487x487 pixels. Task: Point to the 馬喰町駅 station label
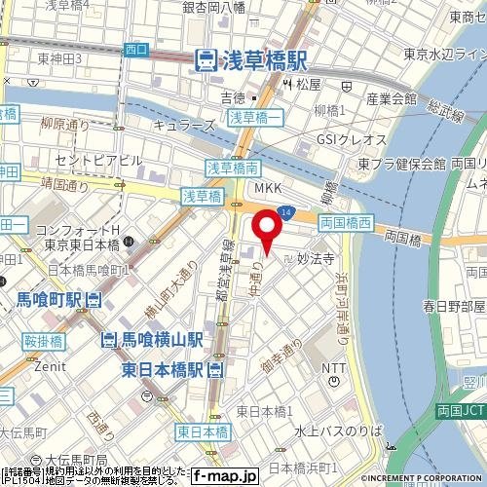coord(51,300)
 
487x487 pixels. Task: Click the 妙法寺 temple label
coord(316,259)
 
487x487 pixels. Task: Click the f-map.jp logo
coord(223,476)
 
